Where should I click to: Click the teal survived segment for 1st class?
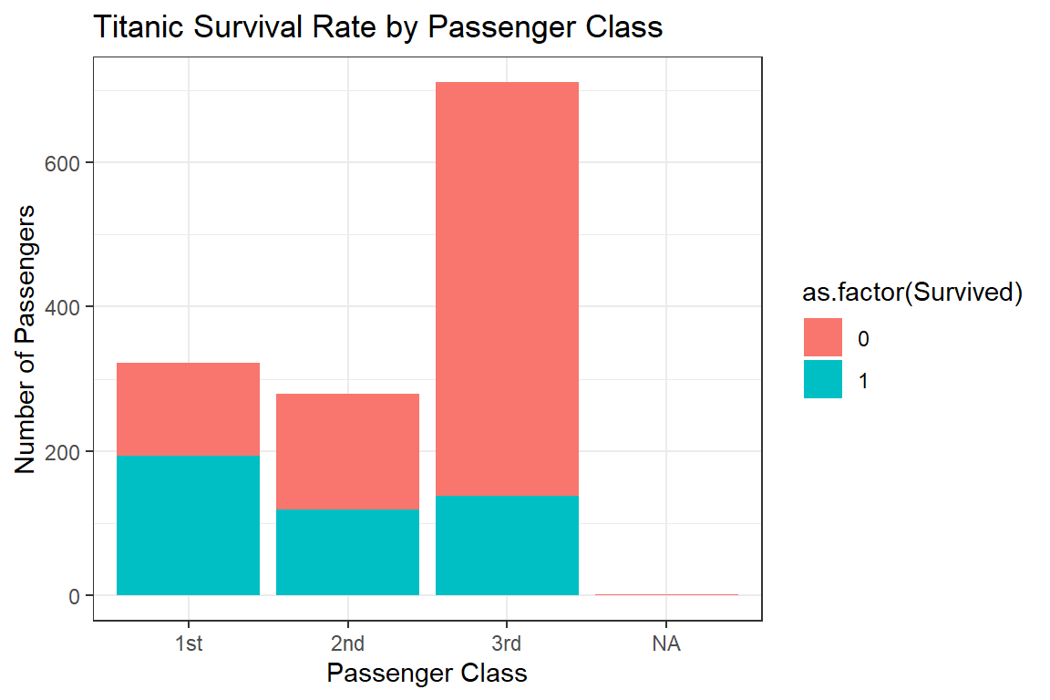pos(189,525)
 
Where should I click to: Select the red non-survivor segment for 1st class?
pos(189,408)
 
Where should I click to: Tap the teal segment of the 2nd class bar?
pos(347,552)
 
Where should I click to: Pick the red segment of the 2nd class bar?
pos(347,451)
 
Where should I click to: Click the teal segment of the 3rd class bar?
pos(507,545)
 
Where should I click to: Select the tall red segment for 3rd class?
pos(507,288)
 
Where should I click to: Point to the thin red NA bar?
pos(666,594)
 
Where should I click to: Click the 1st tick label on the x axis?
pos(189,644)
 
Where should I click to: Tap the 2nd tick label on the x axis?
pos(347,644)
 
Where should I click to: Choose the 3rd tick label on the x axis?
pos(507,644)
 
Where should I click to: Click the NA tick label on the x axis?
pos(666,644)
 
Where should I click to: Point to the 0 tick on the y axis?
pos(76,596)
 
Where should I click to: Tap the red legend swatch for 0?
pos(823,338)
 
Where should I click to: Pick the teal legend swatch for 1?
pos(823,381)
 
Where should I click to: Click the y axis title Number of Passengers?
pos(26,339)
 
